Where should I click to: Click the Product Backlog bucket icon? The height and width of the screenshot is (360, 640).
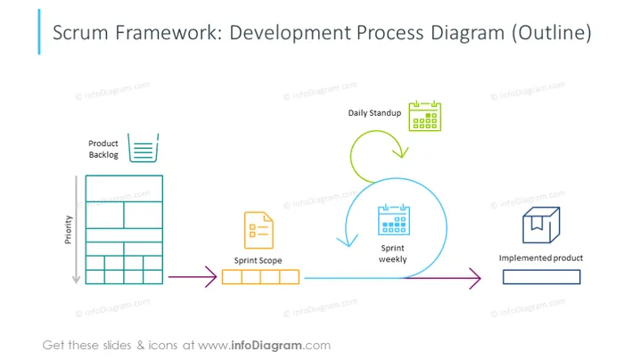[x=143, y=148]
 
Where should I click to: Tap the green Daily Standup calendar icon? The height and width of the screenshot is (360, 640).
[x=425, y=117]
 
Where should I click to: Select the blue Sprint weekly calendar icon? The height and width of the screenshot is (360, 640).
[x=394, y=220]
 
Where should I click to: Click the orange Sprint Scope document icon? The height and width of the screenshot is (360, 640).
[x=258, y=230]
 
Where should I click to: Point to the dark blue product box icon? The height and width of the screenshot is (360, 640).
[x=541, y=225]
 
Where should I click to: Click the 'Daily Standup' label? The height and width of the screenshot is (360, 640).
[x=374, y=113]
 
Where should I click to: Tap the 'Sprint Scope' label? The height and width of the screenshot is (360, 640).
[x=258, y=260]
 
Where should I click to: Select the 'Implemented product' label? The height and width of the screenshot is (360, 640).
[x=541, y=258]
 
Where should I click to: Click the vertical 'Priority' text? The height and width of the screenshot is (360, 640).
[x=68, y=230]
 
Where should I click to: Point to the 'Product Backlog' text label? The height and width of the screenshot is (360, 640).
[x=103, y=149]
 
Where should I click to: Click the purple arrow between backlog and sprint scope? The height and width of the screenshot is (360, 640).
[x=193, y=277]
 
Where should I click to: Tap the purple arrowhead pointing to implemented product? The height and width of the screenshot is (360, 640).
[x=475, y=278]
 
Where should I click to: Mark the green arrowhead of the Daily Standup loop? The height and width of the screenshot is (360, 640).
[x=401, y=152]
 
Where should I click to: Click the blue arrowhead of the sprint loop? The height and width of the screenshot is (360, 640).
[x=348, y=241]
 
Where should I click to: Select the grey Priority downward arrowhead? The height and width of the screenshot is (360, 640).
[x=76, y=280]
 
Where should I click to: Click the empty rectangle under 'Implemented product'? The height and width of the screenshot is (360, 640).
[x=541, y=277]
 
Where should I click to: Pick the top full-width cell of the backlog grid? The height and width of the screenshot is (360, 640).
[x=124, y=189]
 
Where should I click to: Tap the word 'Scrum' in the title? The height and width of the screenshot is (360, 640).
[x=80, y=33]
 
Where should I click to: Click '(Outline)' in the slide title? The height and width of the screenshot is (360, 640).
[x=552, y=33]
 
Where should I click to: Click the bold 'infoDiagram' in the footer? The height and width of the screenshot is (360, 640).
[x=267, y=346]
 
